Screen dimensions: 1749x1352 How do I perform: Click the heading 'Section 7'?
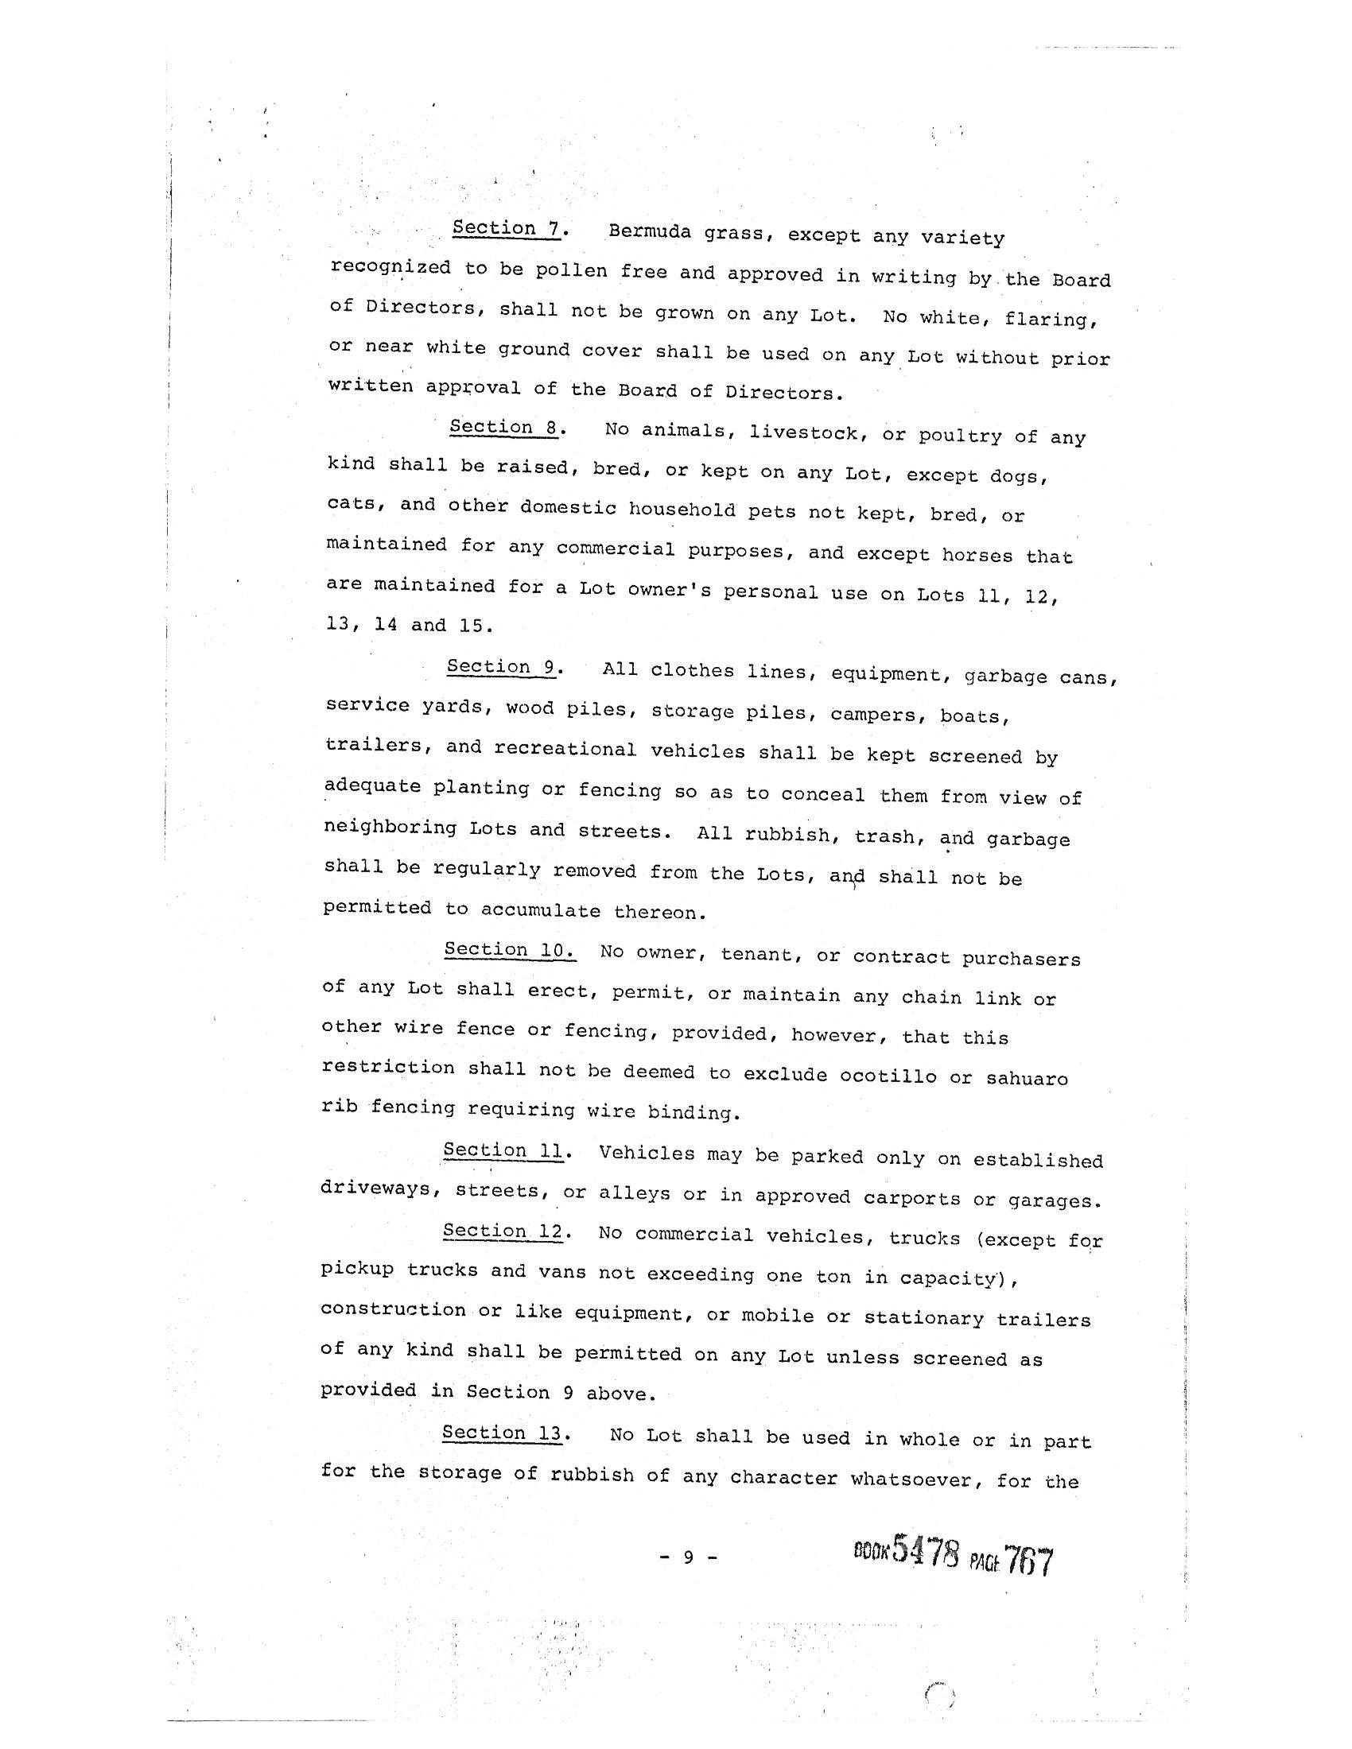(505, 228)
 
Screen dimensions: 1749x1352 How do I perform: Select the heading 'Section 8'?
(502, 427)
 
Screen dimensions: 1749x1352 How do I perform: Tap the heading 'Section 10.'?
(509, 950)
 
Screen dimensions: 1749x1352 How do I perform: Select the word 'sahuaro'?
(1027, 1079)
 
